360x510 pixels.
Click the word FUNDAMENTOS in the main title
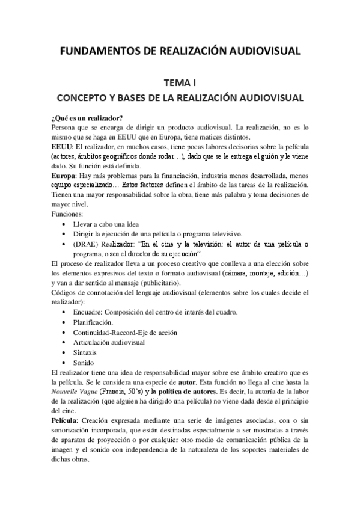point(98,51)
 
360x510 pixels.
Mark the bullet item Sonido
point(84,363)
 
